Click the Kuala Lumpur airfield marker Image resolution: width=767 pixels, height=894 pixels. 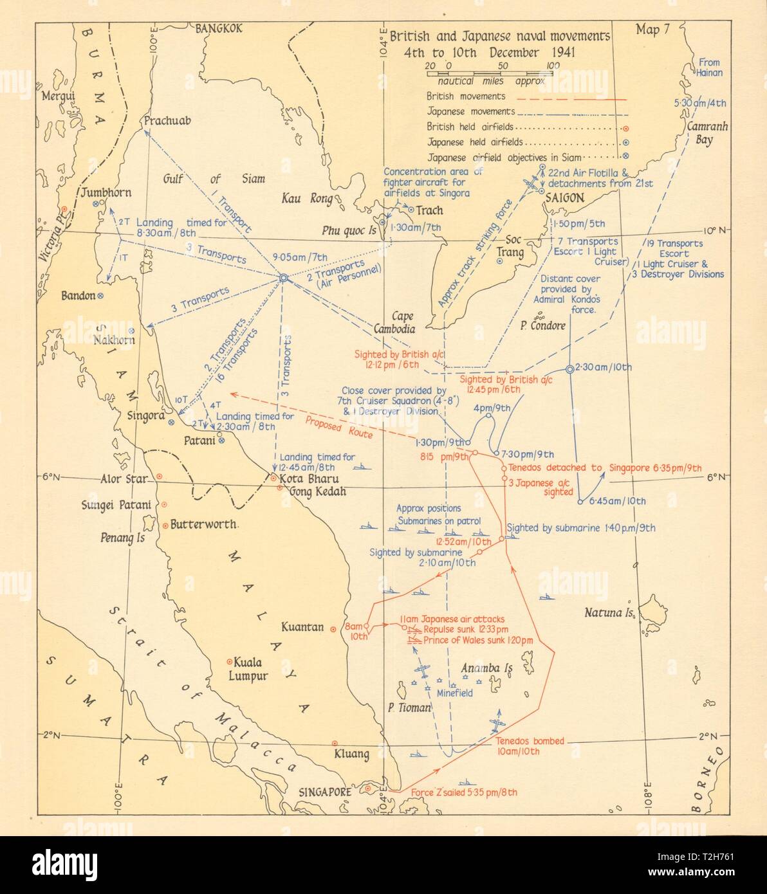pos(229,662)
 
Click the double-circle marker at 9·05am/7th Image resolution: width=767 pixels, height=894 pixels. pos(282,278)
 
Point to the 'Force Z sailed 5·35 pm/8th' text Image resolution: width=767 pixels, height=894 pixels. pos(463,792)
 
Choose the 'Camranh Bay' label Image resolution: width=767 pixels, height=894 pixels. pos(706,132)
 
